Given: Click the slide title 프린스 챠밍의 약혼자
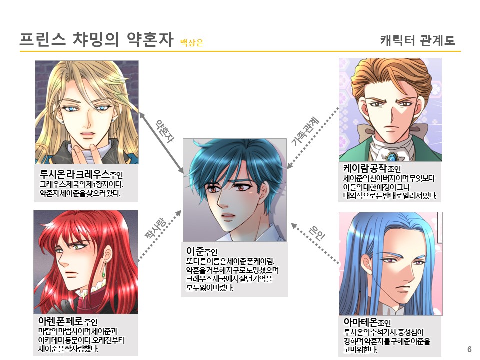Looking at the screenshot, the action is (x=95, y=40).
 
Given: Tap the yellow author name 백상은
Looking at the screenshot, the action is (x=192, y=43).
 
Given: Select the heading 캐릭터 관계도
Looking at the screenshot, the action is (x=417, y=40).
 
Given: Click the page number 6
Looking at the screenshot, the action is (x=469, y=349).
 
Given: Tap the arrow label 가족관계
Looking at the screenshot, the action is (x=305, y=132).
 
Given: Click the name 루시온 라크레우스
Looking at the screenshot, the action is (x=74, y=174).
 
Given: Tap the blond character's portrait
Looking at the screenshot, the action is (x=86, y=112).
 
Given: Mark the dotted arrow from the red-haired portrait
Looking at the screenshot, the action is (x=160, y=235).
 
